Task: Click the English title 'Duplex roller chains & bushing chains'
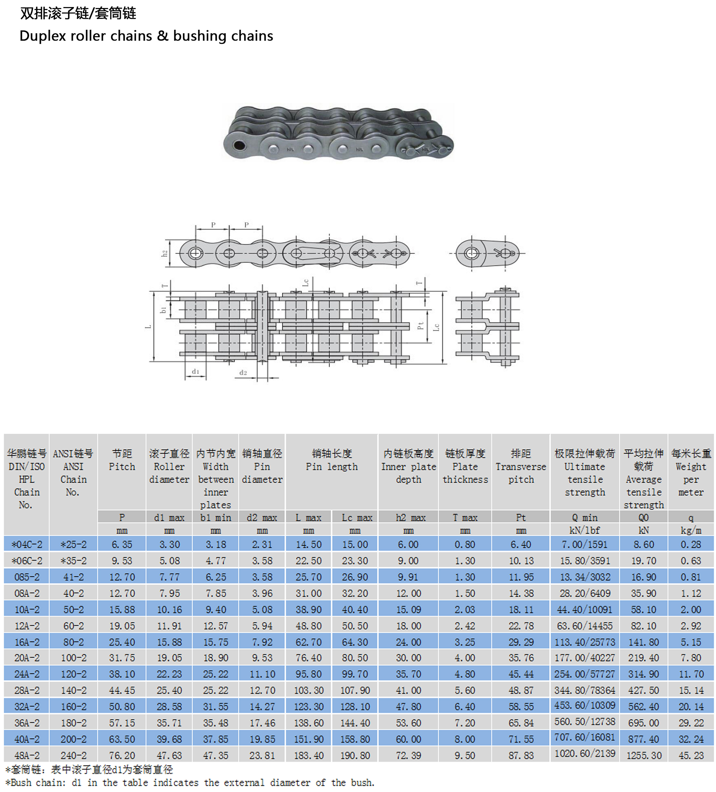(x=146, y=36)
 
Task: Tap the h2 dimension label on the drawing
(x=165, y=253)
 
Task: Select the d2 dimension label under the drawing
(x=243, y=372)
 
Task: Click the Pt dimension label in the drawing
(x=420, y=325)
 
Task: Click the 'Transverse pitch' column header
(x=521, y=473)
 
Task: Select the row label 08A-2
(x=27, y=593)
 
